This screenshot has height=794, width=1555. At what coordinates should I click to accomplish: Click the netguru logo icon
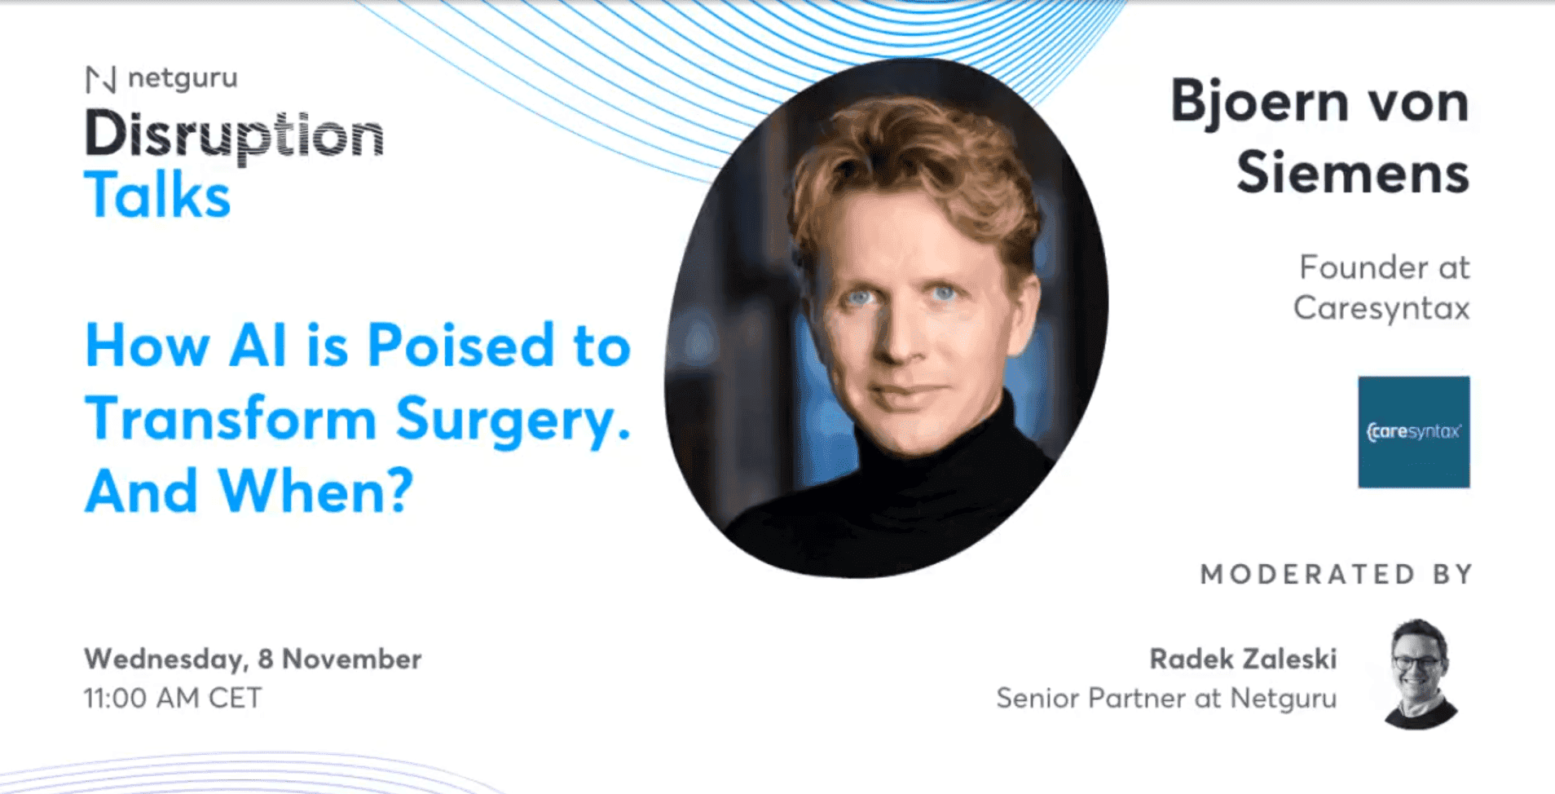101,80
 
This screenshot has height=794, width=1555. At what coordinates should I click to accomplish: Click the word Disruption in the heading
234,135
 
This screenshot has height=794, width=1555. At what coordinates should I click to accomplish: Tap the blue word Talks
157,196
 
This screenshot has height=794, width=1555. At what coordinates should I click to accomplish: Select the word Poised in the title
461,346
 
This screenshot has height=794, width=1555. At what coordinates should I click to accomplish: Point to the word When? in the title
316,492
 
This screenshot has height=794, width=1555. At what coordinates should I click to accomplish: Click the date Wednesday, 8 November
253,659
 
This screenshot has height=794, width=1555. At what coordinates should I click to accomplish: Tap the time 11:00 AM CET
173,698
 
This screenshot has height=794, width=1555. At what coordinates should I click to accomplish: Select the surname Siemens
1352,173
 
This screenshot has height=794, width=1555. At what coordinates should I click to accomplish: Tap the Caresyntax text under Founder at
1381,308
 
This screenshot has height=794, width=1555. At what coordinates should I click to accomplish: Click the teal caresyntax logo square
1413,432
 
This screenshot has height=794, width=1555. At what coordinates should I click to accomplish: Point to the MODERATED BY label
1337,574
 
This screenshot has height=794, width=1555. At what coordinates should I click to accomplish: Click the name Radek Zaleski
1243,659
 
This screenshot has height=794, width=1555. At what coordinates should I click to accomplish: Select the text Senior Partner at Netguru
1166,698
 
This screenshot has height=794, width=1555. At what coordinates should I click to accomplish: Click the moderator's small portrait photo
1420,673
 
